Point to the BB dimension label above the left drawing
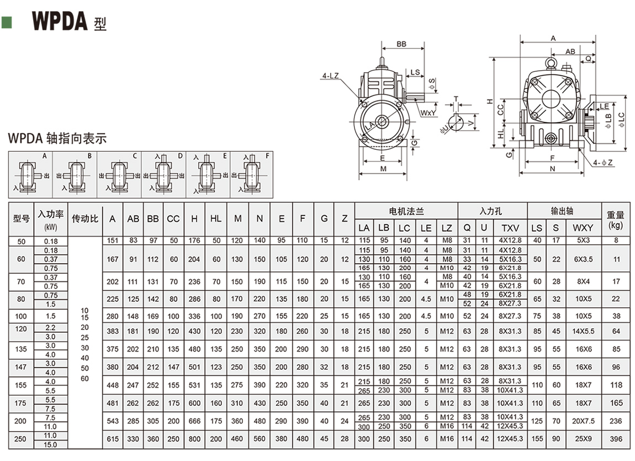(401, 44)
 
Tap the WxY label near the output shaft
(428, 113)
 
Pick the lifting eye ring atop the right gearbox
(551, 64)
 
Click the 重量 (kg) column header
(615, 219)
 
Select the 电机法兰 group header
(406, 211)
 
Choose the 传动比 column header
(85, 219)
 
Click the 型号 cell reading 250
(22, 439)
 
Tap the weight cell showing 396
(616, 439)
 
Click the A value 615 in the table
(112, 439)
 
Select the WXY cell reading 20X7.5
(583, 421)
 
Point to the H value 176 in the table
(194, 240)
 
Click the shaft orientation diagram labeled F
(252, 175)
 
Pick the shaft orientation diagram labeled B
(75, 175)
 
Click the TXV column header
(510, 228)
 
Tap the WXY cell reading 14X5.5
(583, 332)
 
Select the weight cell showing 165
(616, 404)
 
